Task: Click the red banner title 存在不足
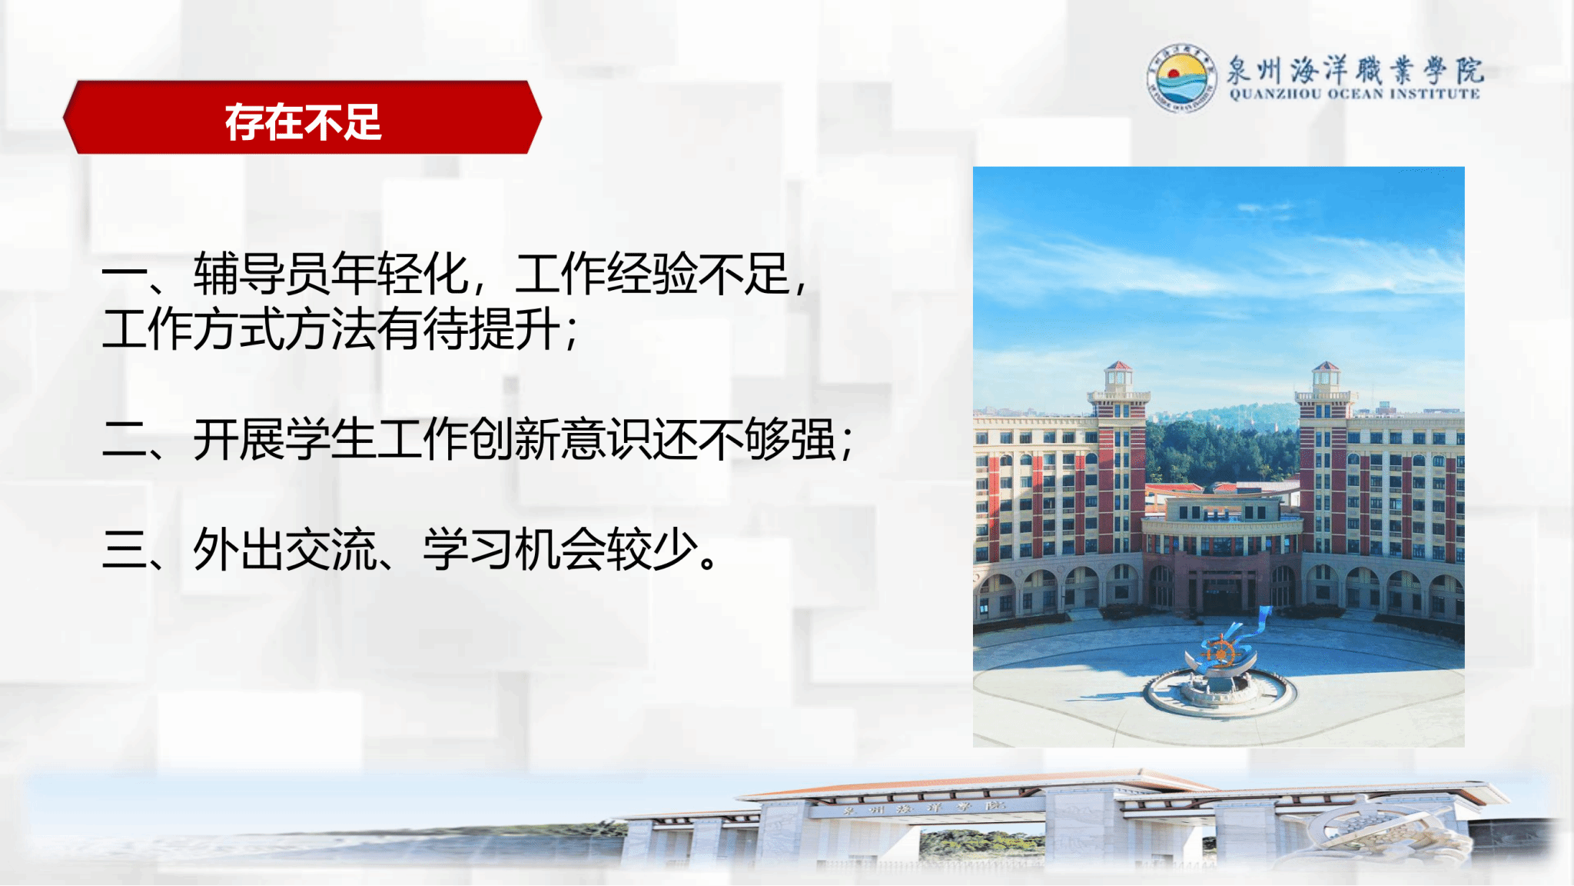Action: (x=303, y=122)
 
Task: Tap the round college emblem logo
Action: (x=1182, y=78)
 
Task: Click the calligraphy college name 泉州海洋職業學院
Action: (x=1355, y=70)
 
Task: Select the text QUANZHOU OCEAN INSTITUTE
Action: (x=1355, y=94)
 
